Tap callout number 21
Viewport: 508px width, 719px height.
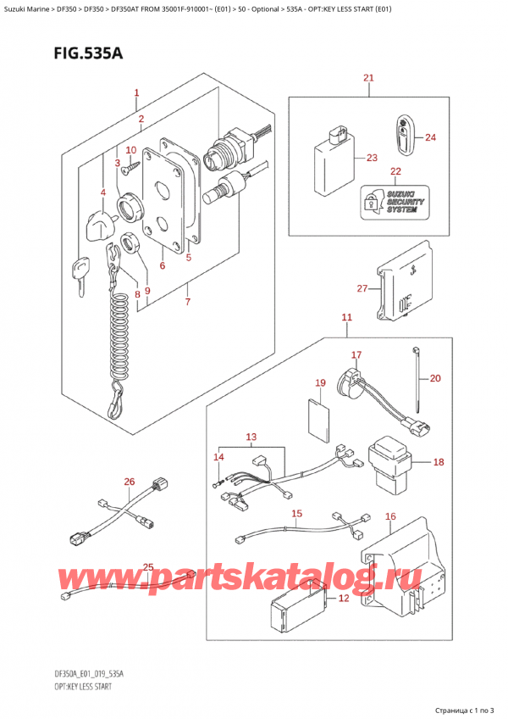pos(368,79)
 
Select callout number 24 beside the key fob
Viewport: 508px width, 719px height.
pos(430,137)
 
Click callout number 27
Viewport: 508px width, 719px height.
pos(362,289)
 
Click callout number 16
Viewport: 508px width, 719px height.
pos(390,516)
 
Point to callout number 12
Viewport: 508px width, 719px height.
pos(342,599)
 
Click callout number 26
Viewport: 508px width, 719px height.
pos(129,482)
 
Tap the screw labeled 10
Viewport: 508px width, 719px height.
pos(126,169)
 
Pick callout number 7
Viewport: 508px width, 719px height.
pos(187,302)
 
